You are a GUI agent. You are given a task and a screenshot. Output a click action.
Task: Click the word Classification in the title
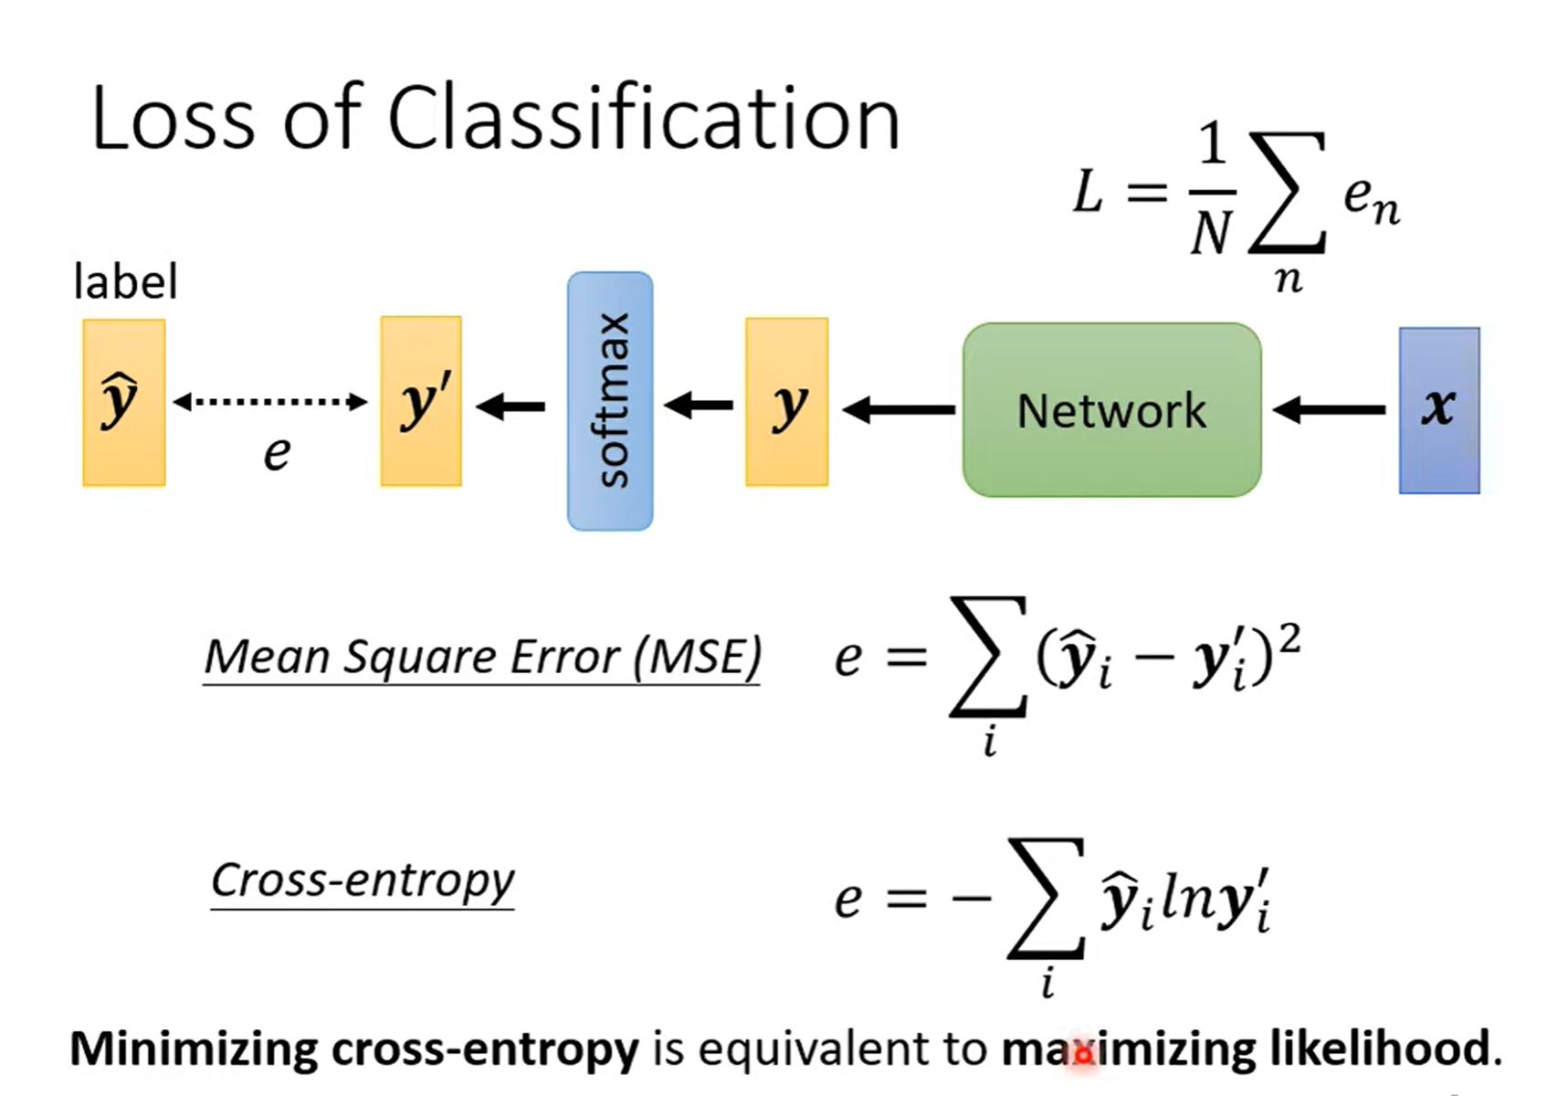coord(644,119)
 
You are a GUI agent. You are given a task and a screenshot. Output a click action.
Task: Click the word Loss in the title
coord(174,119)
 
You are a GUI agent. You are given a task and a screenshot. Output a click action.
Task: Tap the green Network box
coord(1111,410)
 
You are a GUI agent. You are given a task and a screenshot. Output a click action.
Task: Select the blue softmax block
coord(610,401)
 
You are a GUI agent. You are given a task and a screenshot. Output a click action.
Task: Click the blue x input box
coord(1439,410)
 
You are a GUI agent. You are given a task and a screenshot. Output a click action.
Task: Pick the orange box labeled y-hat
coord(123,402)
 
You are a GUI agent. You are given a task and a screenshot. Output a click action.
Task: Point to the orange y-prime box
coord(421,401)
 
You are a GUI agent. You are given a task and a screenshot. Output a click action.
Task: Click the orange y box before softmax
coord(786,402)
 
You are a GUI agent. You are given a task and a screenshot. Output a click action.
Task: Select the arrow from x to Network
coord(1330,410)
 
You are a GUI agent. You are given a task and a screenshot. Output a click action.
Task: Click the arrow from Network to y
coord(899,410)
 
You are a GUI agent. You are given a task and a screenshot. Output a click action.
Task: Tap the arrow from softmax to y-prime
coord(511,406)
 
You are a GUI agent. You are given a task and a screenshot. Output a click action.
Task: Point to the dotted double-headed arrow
coord(270,401)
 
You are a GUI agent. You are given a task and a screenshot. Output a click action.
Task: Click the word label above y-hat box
coord(125,281)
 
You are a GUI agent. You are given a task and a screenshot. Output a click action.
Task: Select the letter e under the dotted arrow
coord(277,453)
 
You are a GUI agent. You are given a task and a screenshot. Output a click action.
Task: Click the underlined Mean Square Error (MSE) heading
coord(482,657)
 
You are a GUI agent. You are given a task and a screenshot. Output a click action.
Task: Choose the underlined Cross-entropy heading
coord(363,880)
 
